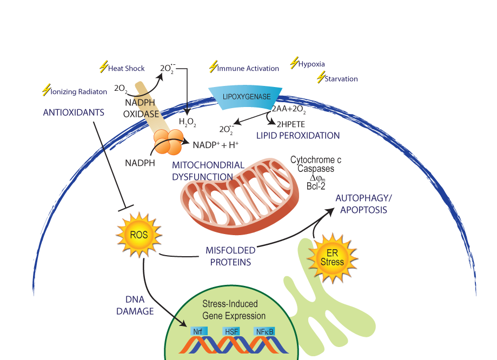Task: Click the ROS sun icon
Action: [139, 235]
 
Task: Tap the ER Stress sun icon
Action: [332, 258]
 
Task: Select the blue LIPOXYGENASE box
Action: [245, 97]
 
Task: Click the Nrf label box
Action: [198, 331]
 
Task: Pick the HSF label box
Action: [231, 331]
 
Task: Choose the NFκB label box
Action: [264, 331]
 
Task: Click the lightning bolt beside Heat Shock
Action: [104, 66]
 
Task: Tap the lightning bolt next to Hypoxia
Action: [294, 63]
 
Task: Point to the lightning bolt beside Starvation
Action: [321, 77]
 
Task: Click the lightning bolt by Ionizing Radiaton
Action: [47, 90]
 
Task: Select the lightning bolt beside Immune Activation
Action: [213, 66]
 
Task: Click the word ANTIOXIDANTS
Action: [74, 112]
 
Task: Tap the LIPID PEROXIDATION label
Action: [298, 136]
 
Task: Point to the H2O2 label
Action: [187, 122]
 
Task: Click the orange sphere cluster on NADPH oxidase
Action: [169, 142]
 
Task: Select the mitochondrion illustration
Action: [240, 196]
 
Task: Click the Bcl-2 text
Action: [316, 186]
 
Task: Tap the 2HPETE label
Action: [290, 124]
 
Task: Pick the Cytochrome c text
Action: [316, 159]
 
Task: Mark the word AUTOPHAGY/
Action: [363, 198]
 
